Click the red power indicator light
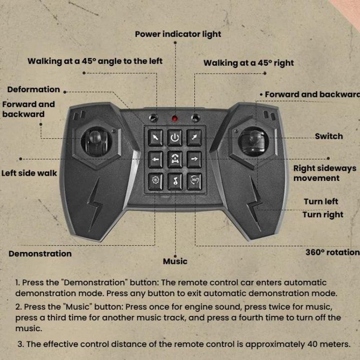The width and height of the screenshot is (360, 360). (x=175, y=119)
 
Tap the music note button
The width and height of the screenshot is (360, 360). (x=175, y=181)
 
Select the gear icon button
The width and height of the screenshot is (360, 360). (x=156, y=181)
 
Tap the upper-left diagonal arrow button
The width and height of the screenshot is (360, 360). (x=156, y=138)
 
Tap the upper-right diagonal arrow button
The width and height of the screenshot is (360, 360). (x=194, y=138)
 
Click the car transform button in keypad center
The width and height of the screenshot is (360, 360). (x=175, y=159)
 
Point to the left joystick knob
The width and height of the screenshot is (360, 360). (x=95, y=137)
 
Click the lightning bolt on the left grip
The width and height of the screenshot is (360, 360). (x=95, y=205)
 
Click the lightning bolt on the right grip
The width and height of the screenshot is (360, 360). (x=255, y=204)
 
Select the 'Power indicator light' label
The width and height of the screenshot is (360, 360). (x=178, y=34)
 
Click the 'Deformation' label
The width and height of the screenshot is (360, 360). (x=34, y=89)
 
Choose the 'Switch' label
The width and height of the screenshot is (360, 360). (x=329, y=136)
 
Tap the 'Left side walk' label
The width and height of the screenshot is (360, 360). (x=29, y=173)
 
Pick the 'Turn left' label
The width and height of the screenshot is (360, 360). (x=321, y=201)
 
